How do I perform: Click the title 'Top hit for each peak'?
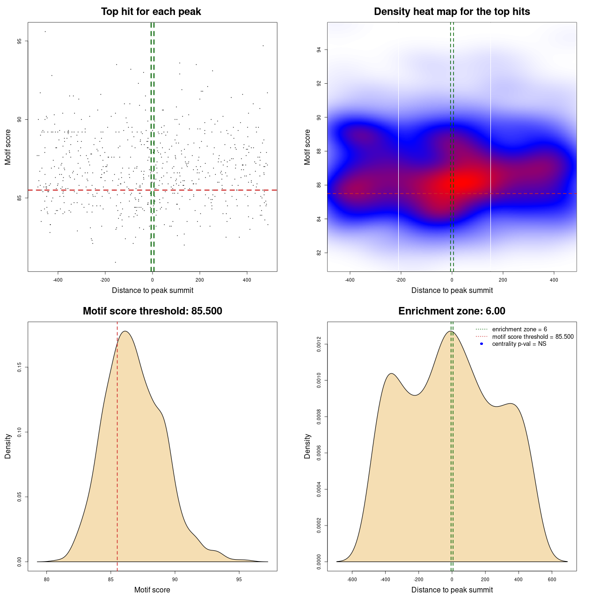(151, 12)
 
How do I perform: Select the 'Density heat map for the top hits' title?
(452, 12)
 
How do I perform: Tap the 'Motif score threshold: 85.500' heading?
(152, 311)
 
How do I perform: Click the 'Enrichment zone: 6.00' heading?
(452, 311)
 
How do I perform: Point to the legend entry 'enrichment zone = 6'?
(519, 329)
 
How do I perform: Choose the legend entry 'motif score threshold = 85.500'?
(533, 337)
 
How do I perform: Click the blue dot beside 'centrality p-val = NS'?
(482, 344)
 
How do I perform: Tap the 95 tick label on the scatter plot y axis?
(19, 41)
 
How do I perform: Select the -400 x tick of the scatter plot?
(58, 280)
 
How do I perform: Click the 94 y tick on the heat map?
(319, 50)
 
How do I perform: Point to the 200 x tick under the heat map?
(503, 280)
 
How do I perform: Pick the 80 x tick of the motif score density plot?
(46, 580)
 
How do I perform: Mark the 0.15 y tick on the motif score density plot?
(19, 368)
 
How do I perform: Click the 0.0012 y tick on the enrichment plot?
(319, 344)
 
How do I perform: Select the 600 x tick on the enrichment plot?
(552, 580)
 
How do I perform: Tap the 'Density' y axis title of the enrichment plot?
(307, 446)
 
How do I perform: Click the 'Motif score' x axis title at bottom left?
(152, 590)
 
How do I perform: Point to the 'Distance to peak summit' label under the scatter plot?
(153, 290)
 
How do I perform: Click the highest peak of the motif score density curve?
(125, 331)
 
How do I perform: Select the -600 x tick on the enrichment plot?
(352, 580)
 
